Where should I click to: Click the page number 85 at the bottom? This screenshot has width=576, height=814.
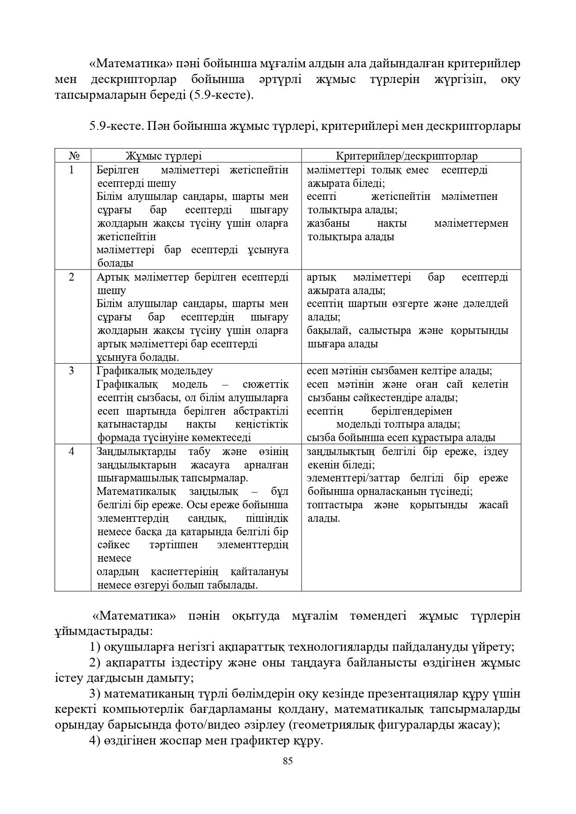pos(287,761)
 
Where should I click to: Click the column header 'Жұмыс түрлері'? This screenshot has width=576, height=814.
pos(163,156)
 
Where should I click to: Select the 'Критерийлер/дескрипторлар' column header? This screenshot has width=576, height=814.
pos(407,156)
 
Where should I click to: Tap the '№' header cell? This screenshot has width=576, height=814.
pos(72,156)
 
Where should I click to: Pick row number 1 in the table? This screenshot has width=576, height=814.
pos(71,170)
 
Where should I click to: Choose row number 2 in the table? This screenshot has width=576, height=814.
pos(71,277)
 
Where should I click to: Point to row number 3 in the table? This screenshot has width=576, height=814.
pos(71,371)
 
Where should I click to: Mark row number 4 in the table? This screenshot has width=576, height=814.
pos(71,451)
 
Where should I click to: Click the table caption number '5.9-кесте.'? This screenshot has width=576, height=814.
pos(116,126)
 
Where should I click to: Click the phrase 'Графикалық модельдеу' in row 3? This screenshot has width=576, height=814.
pos(155,371)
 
